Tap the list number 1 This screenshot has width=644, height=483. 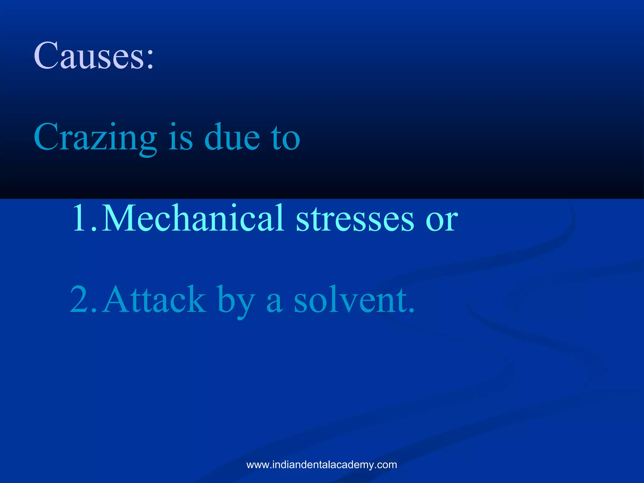pos(81,218)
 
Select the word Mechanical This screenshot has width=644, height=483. pos(193,218)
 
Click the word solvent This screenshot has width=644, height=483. pos(350,299)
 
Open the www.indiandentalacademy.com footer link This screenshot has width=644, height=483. pos(322,465)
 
